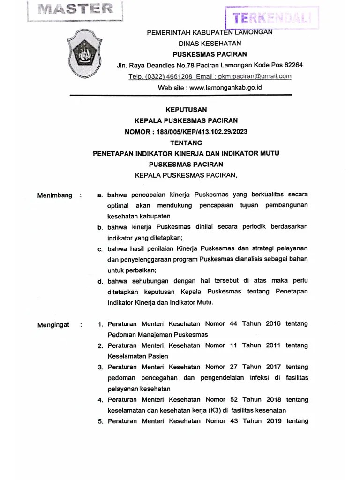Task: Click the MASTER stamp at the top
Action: tap(75, 9)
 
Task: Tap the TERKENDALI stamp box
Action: tap(272, 18)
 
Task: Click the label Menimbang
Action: tap(55, 195)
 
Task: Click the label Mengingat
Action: tap(53, 324)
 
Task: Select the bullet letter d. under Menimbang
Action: tap(100, 281)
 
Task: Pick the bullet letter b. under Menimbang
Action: tap(100, 227)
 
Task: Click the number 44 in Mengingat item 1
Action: tap(234, 324)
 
